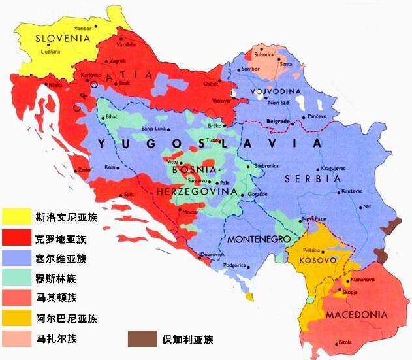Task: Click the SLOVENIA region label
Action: pos(62,38)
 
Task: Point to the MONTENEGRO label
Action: pos(258,240)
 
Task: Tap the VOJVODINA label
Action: pos(277,91)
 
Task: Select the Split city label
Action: pos(131,195)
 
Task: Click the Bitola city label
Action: pos(344,342)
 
